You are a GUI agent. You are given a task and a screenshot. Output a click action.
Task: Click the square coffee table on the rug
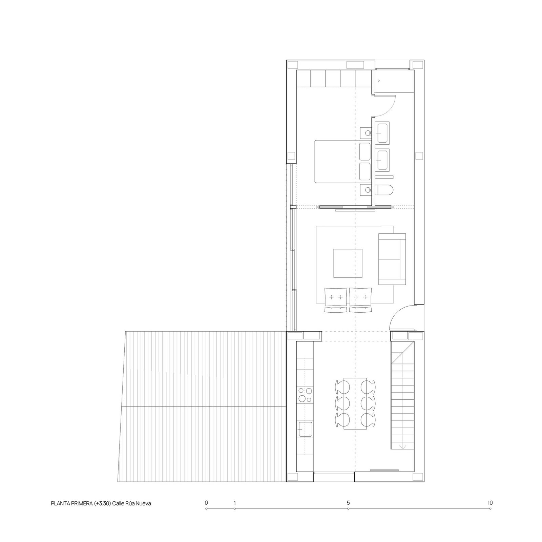click(348, 263)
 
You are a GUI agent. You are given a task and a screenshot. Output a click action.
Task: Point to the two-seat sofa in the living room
click(392, 259)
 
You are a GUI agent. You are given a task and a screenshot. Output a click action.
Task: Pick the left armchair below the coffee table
click(336, 299)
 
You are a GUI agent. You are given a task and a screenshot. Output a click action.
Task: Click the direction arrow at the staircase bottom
click(403, 446)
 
